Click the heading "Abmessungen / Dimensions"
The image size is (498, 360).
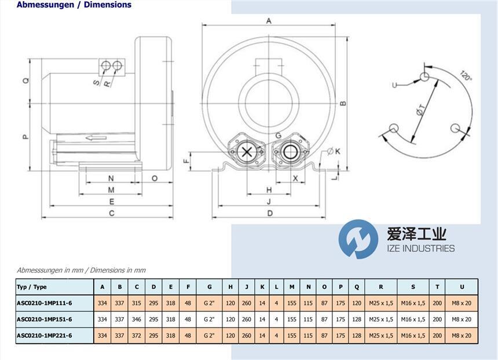(x=74, y=5)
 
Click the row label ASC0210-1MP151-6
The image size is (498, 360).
(x=45, y=319)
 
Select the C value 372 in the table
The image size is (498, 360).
(x=137, y=336)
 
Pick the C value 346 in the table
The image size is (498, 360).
(x=137, y=319)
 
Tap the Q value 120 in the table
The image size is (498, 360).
(x=357, y=303)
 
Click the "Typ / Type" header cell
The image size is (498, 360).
(x=32, y=287)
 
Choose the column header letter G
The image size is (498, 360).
(x=209, y=287)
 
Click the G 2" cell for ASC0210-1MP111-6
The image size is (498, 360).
(x=209, y=303)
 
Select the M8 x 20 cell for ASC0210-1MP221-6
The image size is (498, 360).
(x=462, y=336)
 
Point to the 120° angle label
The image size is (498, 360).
(x=466, y=76)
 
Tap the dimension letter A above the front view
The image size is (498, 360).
(x=269, y=21)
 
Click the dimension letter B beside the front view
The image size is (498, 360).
(x=343, y=103)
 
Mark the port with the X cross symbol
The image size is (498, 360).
(x=247, y=152)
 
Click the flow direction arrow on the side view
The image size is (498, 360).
(x=96, y=138)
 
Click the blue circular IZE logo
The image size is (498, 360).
(x=358, y=239)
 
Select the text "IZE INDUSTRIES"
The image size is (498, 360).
(x=421, y=248)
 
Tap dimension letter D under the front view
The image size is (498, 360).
(x=270, y=214)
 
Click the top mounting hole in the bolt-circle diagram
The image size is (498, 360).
(x=424, y=76)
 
